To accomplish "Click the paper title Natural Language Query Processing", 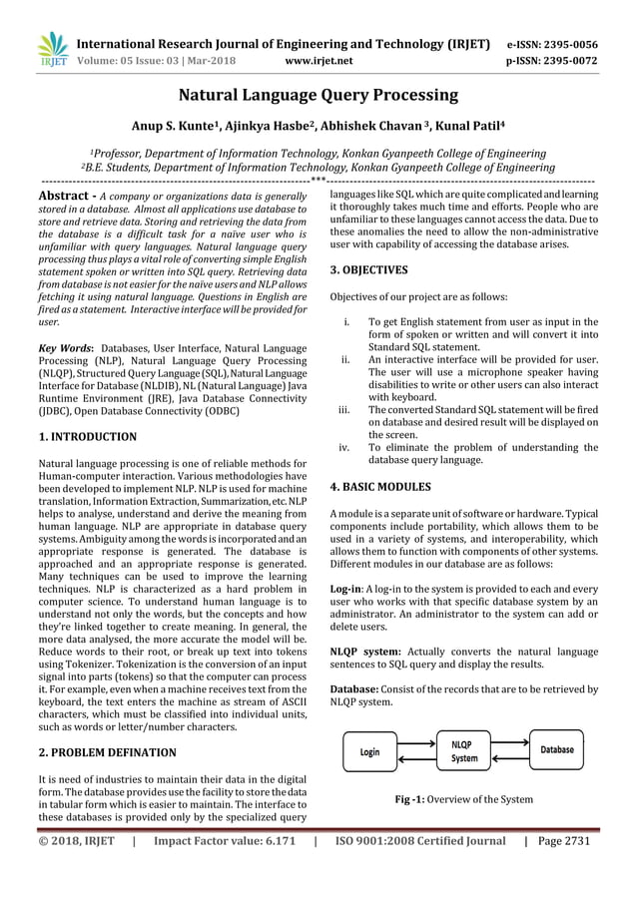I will click(x=318, y=96).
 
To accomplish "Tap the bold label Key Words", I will click(x=66, y=347).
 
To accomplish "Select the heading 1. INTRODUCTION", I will click(x=87, y=436).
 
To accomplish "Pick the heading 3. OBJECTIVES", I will click(x=368, y=269).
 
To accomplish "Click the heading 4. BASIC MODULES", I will click(x=380, y=488).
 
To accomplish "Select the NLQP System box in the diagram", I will click(x=464, y=750).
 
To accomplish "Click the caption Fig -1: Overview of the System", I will click(x=464, y=799).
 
